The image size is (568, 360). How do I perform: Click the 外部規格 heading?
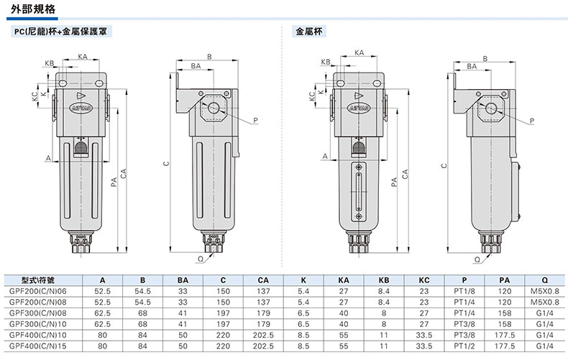32,9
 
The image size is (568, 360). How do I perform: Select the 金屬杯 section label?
309,32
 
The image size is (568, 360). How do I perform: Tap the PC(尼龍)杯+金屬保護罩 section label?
61,32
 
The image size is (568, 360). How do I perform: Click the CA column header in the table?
263,280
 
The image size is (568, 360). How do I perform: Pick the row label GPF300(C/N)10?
38,324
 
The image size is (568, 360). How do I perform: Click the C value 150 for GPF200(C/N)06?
223,291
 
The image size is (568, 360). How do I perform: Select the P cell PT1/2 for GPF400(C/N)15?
464,346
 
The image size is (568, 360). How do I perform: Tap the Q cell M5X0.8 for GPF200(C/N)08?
545,302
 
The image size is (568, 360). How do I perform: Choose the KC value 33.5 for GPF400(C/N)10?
424,335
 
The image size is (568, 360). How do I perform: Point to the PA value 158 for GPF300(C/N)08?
505,313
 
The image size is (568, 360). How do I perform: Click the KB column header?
384,280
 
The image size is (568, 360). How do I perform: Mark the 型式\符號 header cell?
38,280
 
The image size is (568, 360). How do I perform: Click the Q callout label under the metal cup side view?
477,259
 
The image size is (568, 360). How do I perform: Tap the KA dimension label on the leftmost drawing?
83,57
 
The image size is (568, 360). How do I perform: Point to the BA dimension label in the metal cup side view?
472,66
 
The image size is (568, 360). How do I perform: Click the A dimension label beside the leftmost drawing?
49,158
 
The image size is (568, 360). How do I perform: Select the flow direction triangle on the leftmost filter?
81,96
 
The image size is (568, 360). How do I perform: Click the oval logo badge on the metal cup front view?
358,108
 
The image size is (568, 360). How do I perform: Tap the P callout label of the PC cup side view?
255,120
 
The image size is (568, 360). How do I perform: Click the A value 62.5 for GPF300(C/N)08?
103,313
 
